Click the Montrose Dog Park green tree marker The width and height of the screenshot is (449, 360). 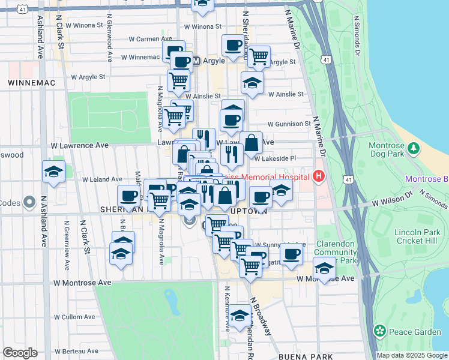[x=413, y=148]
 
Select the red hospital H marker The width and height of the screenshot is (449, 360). [x=319, y=176]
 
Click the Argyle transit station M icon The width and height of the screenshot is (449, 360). [x=196, y=61]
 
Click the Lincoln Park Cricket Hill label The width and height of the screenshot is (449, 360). [x=417, y=236]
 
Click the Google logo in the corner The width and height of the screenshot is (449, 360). [x=20, y=353]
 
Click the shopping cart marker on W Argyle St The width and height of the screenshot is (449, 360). [x=259, y=56]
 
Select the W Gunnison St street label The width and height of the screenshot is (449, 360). [x=289, y=124]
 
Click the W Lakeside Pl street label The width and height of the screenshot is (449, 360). [x=276, y=159]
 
